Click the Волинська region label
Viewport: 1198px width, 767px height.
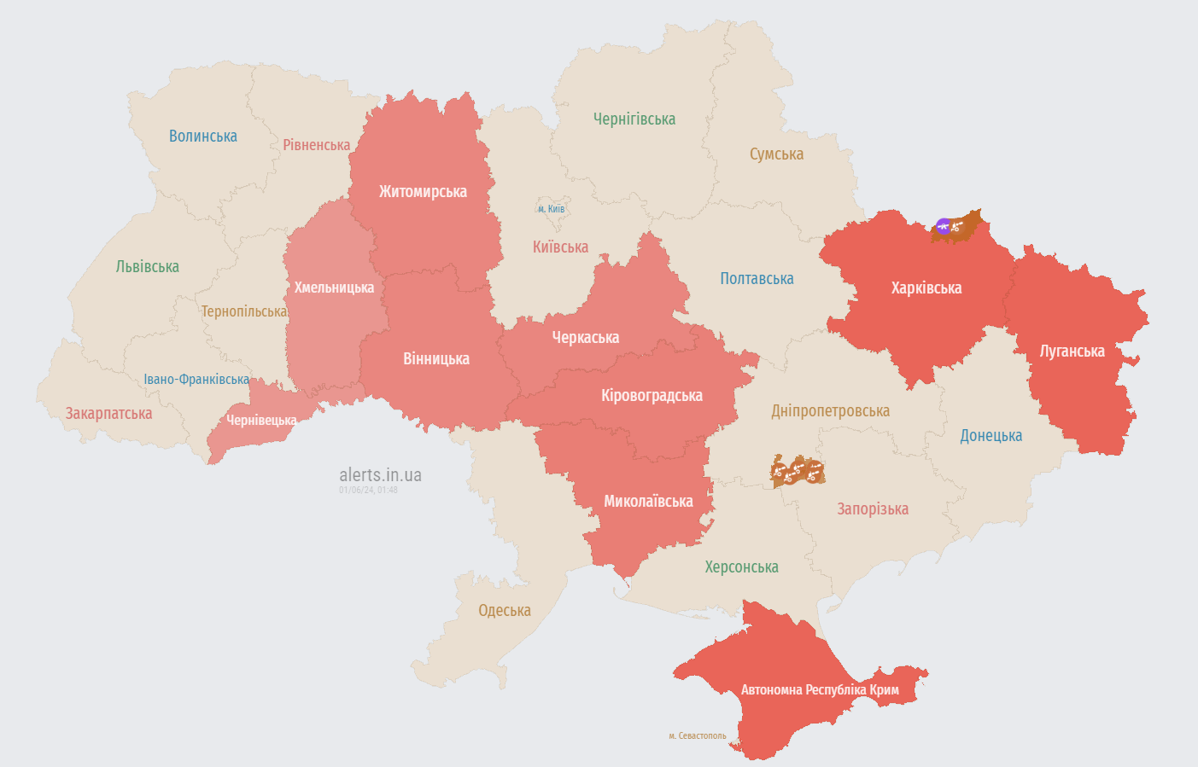[x=202, y=137]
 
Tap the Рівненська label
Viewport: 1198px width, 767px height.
[x=316, y=145]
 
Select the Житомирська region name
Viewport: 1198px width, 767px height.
[x=423, y=192]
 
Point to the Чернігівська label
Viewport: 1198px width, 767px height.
[x=634, y=119]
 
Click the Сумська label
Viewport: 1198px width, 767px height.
[x=776, y=154]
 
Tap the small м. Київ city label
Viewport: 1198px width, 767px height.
[x=551, y=209]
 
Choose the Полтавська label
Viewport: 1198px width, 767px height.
[x=757, y=279]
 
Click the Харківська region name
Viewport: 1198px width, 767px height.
[x=926, y=288]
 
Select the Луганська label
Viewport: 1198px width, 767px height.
[x=1072, y=352]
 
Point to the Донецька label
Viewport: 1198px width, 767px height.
[x=991, y=436]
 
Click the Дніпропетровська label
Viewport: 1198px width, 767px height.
[x=830, y=411]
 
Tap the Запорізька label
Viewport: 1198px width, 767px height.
[x=872, y=509]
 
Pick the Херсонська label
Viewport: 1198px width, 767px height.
[x=741, y=567]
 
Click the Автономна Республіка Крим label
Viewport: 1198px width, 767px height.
[x=820, y=689]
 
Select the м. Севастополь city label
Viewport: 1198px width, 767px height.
[x=698, y=735]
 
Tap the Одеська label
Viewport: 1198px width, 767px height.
[x=504, y=611]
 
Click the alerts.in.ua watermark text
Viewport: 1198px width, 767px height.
[x=380, y=475]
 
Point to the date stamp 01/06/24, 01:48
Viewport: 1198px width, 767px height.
[x=368, y=490]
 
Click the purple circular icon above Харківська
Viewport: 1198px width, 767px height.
[x=943, y=226]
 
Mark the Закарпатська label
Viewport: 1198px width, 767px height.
[x=108, y=414]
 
